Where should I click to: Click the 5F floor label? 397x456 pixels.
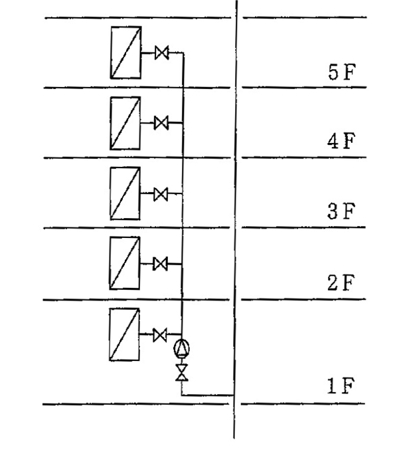point(342,72)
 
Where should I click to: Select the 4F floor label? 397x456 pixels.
point(341,141)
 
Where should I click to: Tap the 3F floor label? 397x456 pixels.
point(341,211)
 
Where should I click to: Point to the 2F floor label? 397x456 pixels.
point(341,283)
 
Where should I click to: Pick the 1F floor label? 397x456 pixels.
point(341,386)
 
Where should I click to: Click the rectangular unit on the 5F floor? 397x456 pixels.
point(125,53)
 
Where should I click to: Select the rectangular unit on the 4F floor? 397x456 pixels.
point(125,124)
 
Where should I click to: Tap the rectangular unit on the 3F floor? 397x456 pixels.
point(125,193)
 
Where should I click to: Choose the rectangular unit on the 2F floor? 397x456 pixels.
point(125,263)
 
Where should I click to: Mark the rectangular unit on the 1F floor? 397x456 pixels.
point(125,334)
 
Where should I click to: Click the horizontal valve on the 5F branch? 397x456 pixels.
point(162,53)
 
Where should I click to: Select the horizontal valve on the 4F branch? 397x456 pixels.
point(161,123)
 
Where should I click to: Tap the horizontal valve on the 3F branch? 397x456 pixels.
point(161,194)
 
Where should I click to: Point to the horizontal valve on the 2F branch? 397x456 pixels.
point(160,264)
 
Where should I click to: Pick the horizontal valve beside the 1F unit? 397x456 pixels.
point(160,335)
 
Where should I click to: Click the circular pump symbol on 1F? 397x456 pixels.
point(182,348)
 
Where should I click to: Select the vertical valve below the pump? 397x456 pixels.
point(182,372)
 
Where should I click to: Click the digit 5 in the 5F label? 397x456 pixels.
point(333,72)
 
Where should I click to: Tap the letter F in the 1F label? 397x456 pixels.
point(349,386)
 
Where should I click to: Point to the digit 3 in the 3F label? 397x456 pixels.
point(333,211)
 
